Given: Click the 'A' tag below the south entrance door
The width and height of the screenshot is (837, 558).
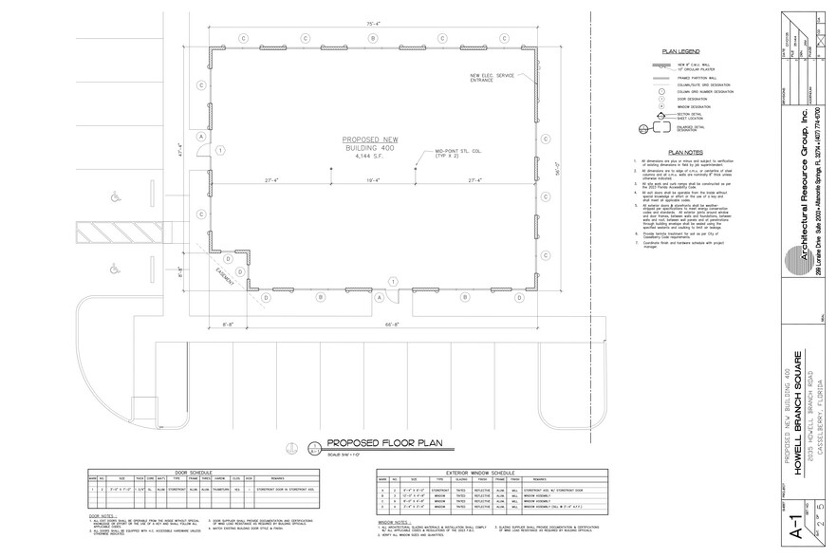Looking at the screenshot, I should (x=379, y=298).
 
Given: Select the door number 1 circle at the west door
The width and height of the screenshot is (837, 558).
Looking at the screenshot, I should (x=220, y=150).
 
